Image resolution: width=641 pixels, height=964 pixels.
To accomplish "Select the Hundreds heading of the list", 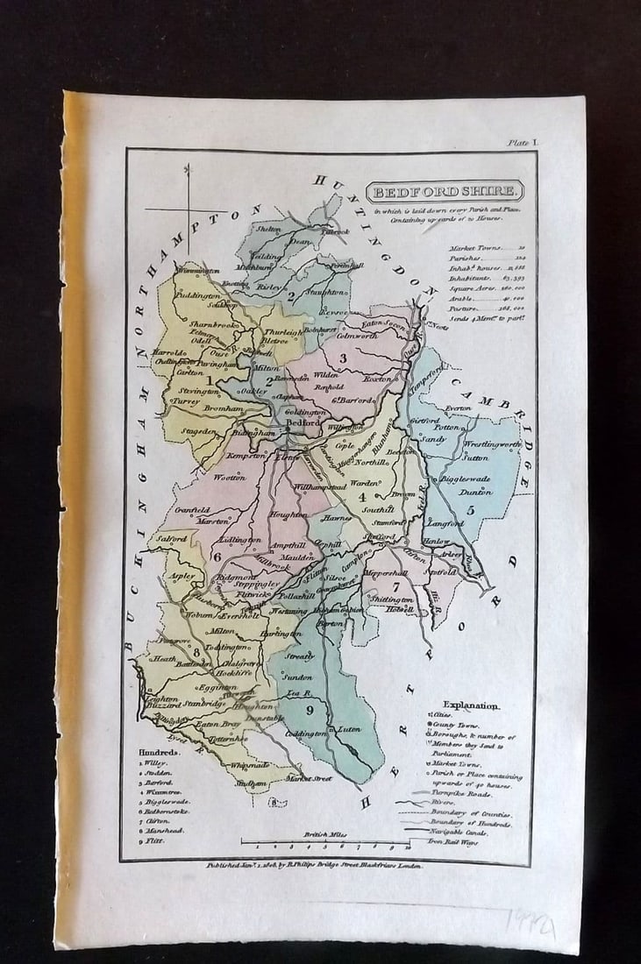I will [x=158, y=752].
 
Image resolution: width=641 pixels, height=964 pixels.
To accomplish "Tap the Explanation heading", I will [x=471, y=704].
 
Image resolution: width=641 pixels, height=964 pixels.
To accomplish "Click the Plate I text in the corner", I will [x=523, y=142].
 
